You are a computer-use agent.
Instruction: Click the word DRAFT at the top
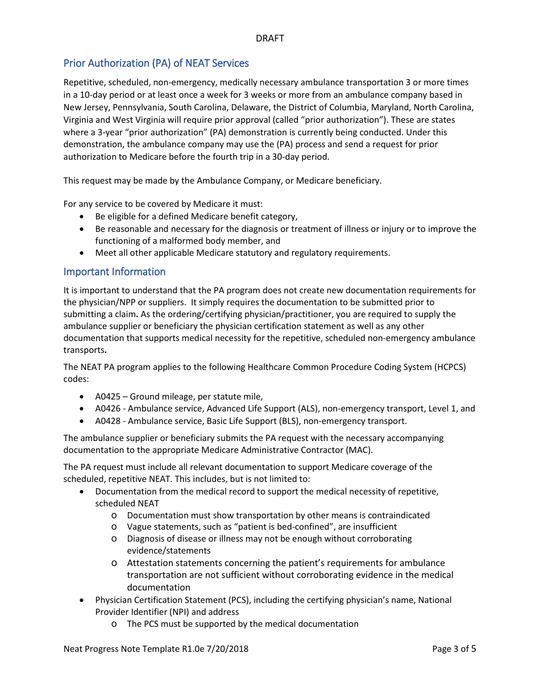pos(270,38)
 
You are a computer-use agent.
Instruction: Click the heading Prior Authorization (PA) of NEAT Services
pos(156,63)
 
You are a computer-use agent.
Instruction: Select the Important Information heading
pos(114,272)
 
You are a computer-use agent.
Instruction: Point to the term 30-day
pos(284,157)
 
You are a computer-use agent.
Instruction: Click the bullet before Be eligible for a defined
pos(83,217)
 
